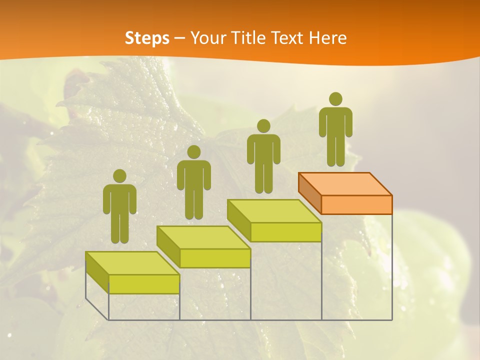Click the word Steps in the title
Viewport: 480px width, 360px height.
(x=147, y=38)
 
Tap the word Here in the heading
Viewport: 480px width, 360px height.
(x=327, y=38)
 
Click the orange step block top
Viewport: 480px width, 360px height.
(x=345, y=184)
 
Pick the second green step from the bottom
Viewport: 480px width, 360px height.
(x=203, y=237)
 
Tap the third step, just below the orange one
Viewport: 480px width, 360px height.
(x=274, y=211)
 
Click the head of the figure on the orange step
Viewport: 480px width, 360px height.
(x=335, y=99)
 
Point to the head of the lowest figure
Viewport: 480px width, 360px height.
(x=119, y=176)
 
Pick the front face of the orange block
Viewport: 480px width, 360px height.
(x=356, y=204)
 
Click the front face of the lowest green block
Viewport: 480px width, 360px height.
(x=144, y=284)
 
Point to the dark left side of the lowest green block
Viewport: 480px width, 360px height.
(x=97, y=272)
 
